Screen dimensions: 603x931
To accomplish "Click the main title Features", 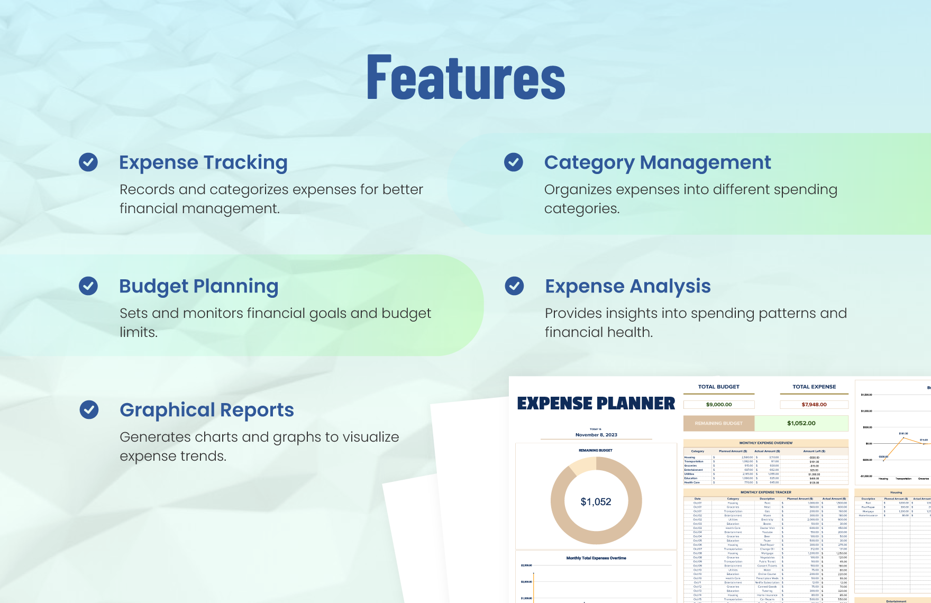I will [x=466, y=78].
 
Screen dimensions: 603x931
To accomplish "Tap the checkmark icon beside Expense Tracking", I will [x=88, y=162].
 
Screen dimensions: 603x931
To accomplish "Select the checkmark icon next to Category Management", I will [x=513, y=162].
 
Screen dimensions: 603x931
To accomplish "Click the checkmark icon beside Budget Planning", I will [x=88, y=286].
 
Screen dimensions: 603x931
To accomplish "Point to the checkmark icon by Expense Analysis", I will [x=514, y=286].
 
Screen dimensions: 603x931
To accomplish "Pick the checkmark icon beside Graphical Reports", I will [x=89, y=409].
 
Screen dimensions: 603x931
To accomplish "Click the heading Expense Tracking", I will [x=203, y=162].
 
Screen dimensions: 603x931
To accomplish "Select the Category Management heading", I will [x=658, y=162].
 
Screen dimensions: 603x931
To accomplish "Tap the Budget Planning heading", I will [x=198, y=286].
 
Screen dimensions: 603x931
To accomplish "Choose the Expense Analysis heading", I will [x=628, y=286].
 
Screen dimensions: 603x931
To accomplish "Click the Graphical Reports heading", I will [x=207, y=410].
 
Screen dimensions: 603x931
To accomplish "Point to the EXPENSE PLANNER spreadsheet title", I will [x=596, y=404].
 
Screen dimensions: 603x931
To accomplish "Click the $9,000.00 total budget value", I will [x=719, y=405].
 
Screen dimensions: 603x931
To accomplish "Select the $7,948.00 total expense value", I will [x=814, y=405].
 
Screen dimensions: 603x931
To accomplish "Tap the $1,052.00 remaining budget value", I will [x=801, y=423].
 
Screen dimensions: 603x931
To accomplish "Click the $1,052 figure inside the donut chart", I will [x=596, y=501].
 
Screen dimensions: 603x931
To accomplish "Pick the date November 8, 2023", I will [x=596, y=435].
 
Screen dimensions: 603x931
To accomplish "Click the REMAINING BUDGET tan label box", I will [x=718, y=423].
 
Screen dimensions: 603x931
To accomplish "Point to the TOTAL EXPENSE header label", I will [x=814, y=387].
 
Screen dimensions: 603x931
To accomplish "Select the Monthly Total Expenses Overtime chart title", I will [x=596, y=558].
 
